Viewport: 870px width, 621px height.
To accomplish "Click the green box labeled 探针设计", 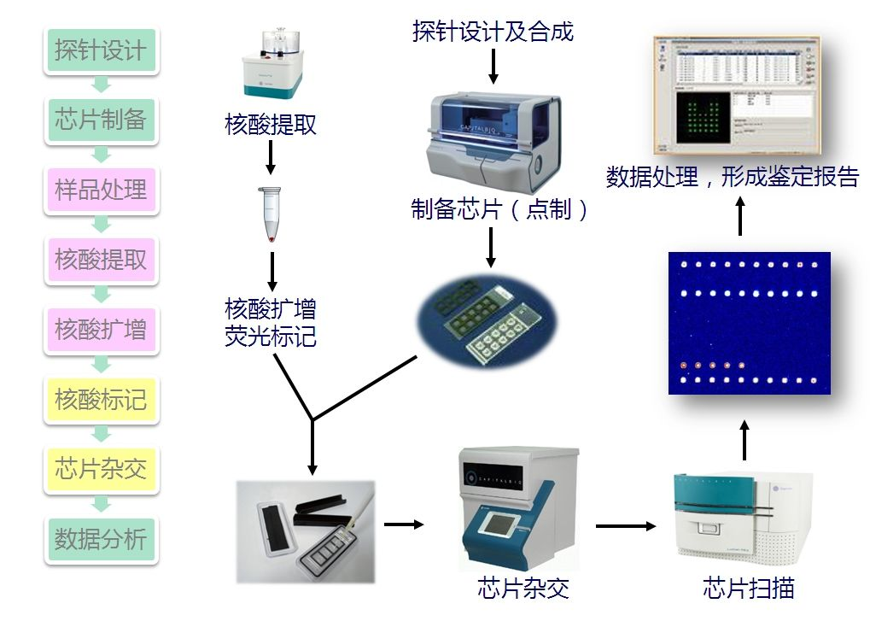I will (x=101, y=50).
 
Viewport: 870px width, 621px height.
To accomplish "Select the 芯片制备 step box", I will (x=101, y=120).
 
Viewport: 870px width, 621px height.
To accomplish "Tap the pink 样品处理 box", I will (x=101, y=190).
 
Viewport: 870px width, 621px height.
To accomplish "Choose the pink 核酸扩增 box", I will (x=101, y=330).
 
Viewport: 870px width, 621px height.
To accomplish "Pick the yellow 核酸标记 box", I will (x=101, y=400).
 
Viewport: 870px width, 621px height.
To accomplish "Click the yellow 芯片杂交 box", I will (x=101, y=469).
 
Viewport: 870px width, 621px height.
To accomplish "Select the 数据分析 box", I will (x=101, y=539).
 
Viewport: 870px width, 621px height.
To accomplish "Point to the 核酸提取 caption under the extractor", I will (x=271, y=126).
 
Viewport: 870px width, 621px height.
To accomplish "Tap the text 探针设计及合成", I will (x=493, y=32).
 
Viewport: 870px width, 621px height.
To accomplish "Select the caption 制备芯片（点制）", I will (x=500, y=210).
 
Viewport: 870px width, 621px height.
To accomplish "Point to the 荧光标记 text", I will (x=271, y=337).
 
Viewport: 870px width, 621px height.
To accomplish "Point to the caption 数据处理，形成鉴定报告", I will (x=732, y=178).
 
